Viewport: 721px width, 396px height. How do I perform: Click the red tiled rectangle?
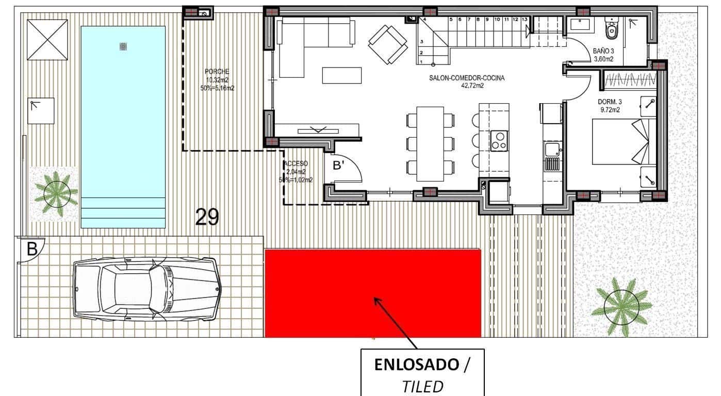tap(372, 293)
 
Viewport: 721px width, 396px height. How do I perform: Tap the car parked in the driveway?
tap(147, 289)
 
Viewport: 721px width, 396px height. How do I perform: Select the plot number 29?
tap(207, 217)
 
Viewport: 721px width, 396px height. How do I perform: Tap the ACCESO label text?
tap(297, 164)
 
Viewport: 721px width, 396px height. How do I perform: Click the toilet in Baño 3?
tap(612, 29)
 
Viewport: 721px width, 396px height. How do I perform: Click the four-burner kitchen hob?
tap(499, 141)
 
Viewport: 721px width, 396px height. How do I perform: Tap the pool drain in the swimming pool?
tap(123, 47)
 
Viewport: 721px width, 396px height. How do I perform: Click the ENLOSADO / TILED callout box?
tap(422, 372)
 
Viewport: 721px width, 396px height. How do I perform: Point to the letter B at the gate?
tap(32, 250)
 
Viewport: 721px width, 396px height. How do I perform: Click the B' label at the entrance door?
tap(339, 166)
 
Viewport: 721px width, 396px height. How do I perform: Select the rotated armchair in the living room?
tap(388, 44)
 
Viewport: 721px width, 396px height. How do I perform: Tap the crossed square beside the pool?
tap(47, 40)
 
